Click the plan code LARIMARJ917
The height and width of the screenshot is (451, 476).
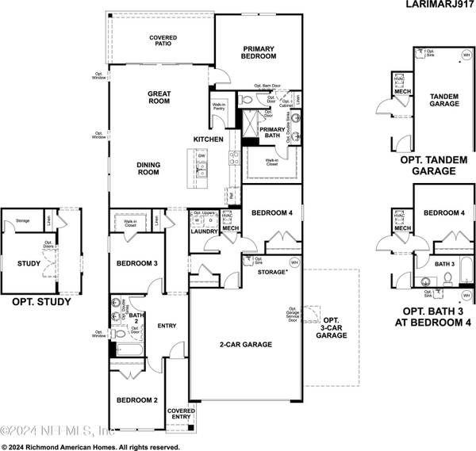(433, 6)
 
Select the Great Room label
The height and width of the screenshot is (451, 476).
(159, 97)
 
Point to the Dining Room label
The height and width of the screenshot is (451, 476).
(148, 169)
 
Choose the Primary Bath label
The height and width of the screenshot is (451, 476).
(272, 133)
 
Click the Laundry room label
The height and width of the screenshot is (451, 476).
(204, 231)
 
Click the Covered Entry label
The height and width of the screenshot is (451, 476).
(180, 413)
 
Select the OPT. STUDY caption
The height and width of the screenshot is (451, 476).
(41, 302)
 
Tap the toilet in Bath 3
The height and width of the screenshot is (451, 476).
(448, 278)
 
